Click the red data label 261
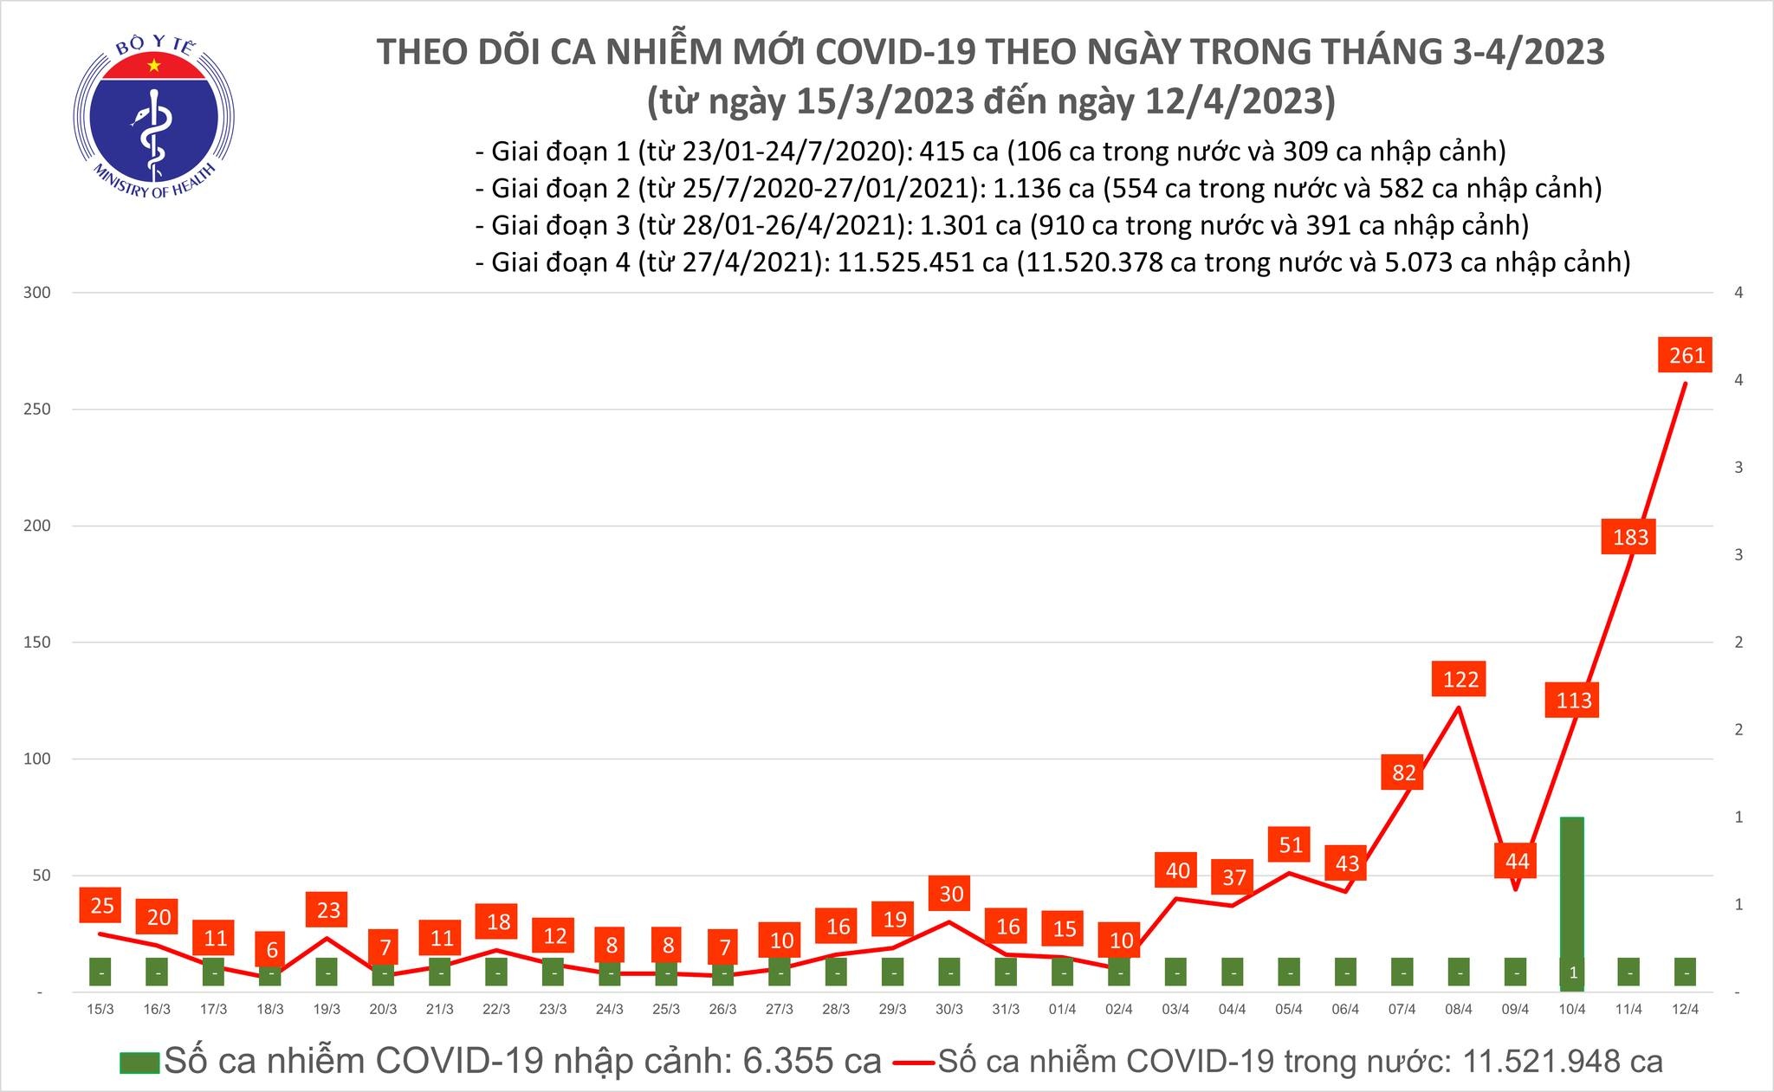[1687, 355]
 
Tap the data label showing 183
[1630, 537]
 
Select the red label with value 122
[1460, 679]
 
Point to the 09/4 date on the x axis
[1515, 1010]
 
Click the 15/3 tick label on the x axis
[100, 1010]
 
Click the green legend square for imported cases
[139, 1063]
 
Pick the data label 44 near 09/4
[1517, 862]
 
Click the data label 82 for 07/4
[1403, 772]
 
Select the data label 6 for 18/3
[271, 950]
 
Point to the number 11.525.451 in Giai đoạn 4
[917, 262]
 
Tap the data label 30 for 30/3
[951, 894]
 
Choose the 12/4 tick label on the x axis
[1686, 1010]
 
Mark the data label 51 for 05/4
[1290, 844]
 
